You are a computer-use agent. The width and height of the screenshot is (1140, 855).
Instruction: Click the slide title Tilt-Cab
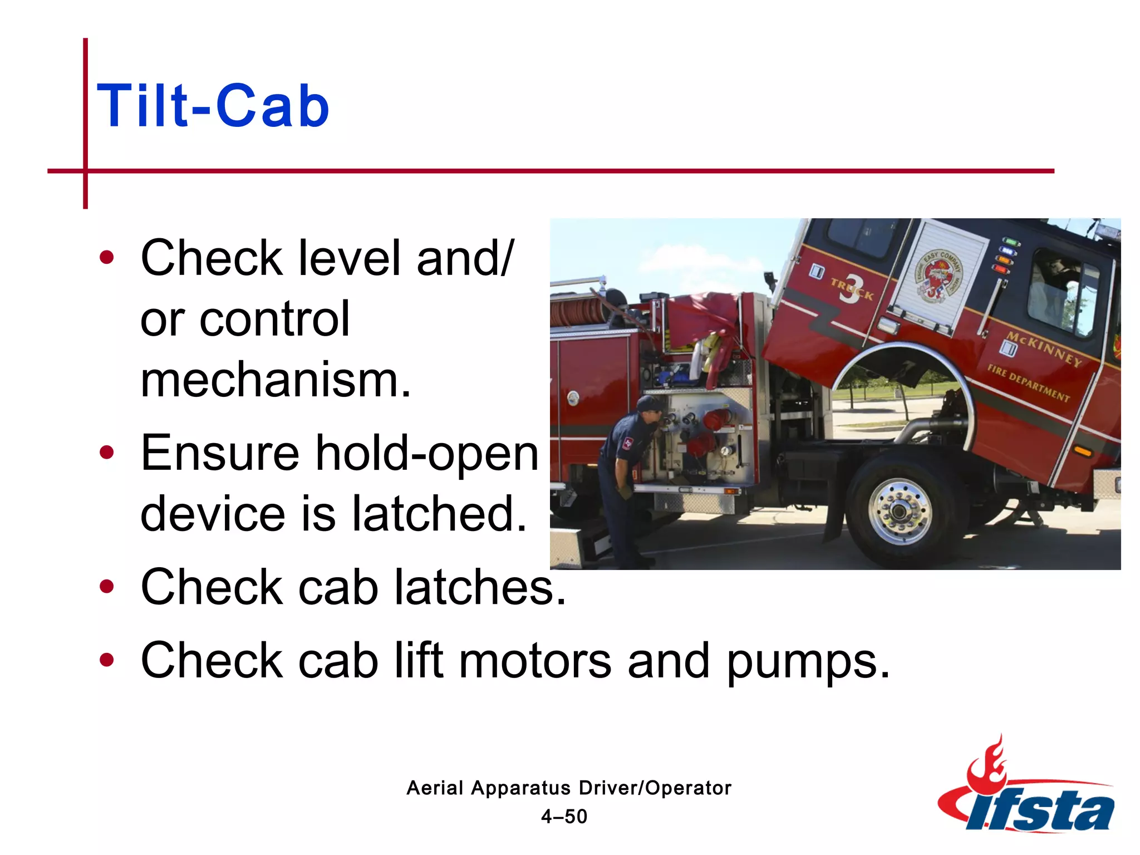coord(213,106)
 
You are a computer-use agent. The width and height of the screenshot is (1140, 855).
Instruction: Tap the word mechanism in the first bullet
coord(275,380)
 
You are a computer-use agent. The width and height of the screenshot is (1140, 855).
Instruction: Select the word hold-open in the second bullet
coord(427,453)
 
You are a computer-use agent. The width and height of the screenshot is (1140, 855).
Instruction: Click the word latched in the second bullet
coord(439,513)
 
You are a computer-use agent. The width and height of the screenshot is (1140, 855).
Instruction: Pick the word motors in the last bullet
coord(535,661)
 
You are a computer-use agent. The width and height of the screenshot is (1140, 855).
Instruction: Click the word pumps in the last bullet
coord(808,661)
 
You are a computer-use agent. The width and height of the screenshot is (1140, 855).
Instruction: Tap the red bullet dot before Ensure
coord(106,453)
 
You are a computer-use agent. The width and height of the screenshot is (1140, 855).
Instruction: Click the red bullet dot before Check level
coord(106,258)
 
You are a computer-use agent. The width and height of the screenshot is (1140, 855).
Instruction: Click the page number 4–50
coord(564,817)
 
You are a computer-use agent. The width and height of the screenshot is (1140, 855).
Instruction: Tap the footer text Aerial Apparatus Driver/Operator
coord(568,788)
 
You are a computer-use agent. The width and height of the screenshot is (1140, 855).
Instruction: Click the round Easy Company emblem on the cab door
coord(938,276)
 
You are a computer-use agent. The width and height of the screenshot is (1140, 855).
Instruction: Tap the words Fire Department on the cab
coord(1028,383)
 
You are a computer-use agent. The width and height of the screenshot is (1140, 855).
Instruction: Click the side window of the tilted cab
coord(1062,292)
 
